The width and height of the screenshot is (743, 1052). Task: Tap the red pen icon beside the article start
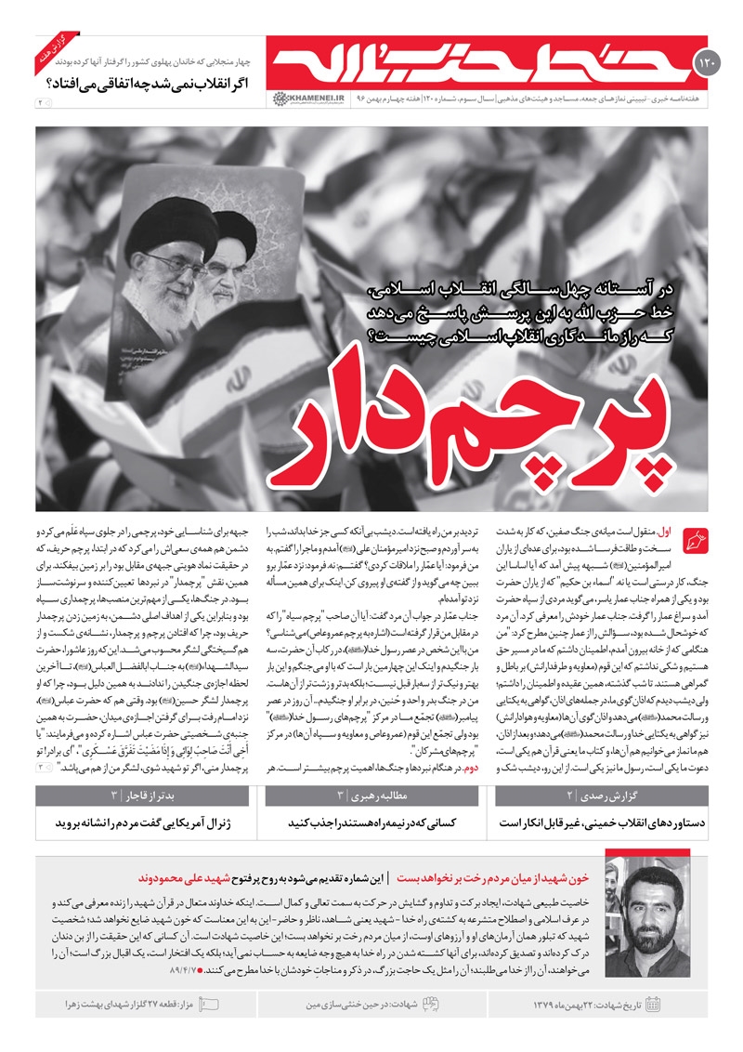[x=694, y=539]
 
